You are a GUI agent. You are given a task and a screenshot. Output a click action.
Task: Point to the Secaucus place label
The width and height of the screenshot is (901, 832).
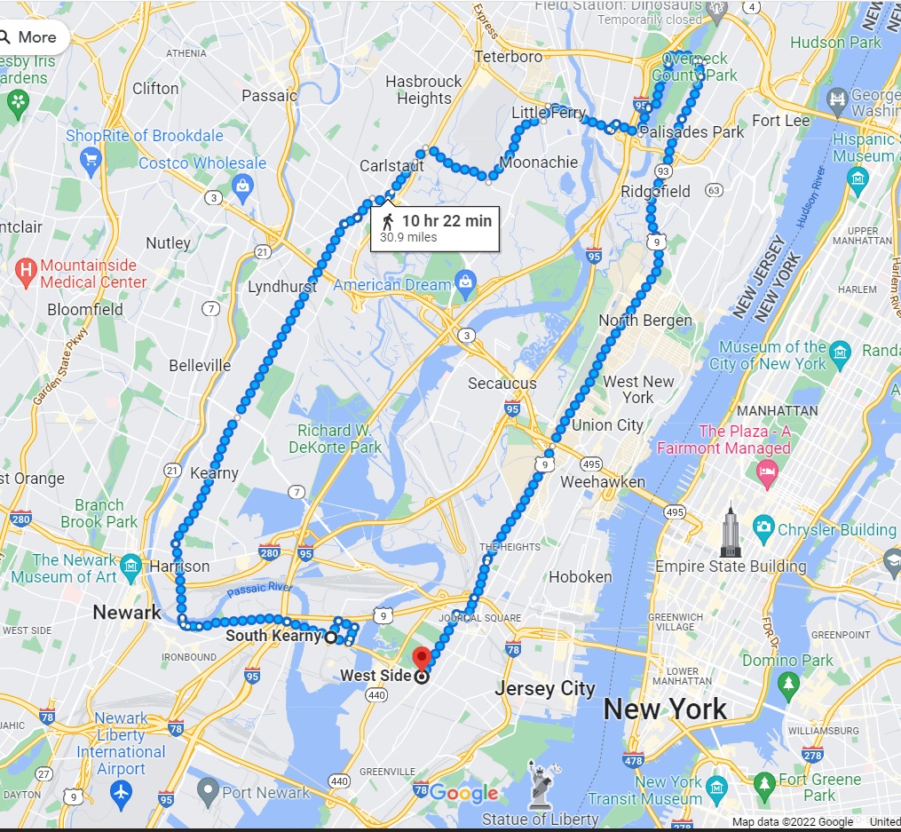(x=502, y=384)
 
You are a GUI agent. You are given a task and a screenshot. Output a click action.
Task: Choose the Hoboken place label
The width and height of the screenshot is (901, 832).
(x=580, y=576)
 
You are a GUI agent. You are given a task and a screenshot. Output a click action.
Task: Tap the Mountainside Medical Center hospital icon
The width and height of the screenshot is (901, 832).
(x=27, y=266)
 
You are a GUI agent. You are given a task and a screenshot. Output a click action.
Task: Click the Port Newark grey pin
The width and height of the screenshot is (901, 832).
(x=208, y=788)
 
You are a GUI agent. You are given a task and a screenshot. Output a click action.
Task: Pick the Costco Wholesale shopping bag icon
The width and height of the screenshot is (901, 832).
(x=241, y=185)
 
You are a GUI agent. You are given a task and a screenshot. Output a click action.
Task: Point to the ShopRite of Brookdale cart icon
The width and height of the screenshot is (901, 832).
(x=90, y=160)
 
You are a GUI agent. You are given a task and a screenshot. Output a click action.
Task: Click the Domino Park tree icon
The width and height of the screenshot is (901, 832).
(x=787, y=682)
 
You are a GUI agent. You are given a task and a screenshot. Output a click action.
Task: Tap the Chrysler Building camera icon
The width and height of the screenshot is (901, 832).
(x=763, y=529)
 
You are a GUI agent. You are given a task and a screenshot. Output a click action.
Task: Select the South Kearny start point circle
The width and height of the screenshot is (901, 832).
(x=331, y=637)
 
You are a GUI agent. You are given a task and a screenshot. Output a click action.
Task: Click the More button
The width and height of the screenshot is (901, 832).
(x=28, y=37)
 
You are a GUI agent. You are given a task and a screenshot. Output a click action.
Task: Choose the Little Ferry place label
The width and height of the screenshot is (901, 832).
(x=549, y=113)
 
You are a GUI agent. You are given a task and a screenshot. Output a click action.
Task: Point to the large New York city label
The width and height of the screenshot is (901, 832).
(x=665, y=709)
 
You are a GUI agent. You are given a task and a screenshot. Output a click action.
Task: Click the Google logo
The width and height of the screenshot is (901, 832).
(x=463, y=792)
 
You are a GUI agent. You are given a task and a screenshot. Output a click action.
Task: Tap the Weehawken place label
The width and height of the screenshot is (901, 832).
(x=604, y=481)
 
